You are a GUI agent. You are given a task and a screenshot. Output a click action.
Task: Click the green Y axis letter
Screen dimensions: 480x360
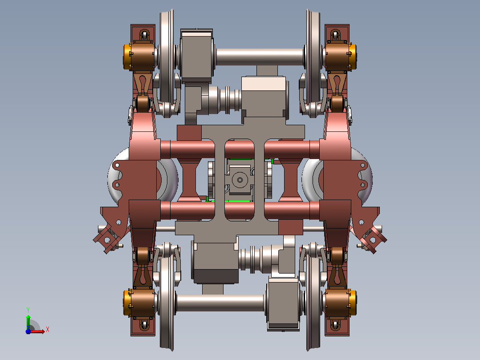click(28, 310)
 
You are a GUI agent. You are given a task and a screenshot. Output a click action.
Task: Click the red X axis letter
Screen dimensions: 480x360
click(48, 330)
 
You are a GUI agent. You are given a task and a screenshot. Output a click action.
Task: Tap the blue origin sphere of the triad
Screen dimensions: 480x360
click(28, 331)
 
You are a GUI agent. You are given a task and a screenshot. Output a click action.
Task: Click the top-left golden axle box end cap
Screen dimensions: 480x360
click(127, 57)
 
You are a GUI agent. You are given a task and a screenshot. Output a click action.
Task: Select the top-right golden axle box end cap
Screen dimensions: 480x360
click(353, 57)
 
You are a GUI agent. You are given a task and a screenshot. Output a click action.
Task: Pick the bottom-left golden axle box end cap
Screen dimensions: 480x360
click(127, 303)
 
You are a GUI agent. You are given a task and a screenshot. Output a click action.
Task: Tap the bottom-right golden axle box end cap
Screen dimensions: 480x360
click(353, 303)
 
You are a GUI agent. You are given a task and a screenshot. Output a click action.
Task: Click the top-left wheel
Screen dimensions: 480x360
click(167, 57)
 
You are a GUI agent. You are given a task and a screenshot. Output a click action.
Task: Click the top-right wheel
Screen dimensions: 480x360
click(313, 57)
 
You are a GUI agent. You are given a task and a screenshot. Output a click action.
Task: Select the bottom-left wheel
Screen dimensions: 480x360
click(167, 303)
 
